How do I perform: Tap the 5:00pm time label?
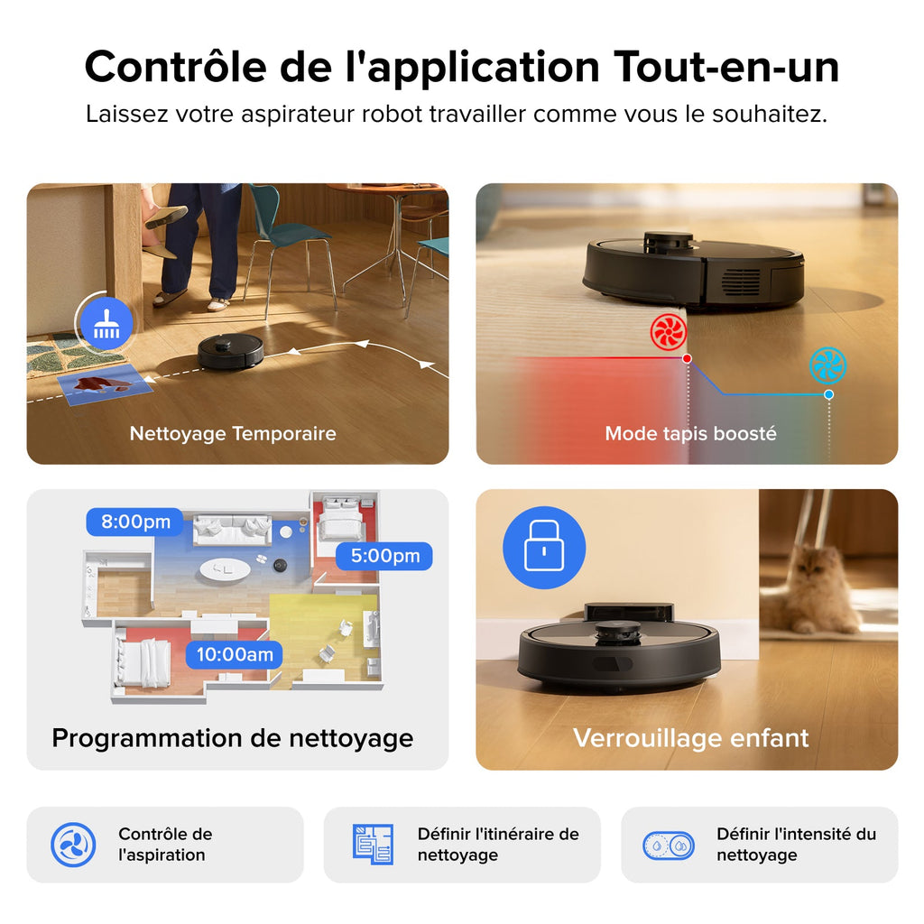[384, 556]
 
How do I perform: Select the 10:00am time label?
[234, 654]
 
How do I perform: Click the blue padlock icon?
[543, 548]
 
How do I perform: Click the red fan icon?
[669, 333]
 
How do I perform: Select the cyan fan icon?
[827, 365]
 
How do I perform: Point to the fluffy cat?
[812, 591]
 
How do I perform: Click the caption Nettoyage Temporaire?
[233, 433]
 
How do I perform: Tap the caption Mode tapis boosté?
[690, 433]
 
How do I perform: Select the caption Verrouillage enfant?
[690, 737]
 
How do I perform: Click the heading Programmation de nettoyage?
[232, 737]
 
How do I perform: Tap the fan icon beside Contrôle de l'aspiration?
[73, 845]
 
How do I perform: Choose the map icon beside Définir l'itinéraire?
[372, 845]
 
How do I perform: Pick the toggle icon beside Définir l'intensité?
[669, 845]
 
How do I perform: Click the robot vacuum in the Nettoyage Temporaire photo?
[231, 351]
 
